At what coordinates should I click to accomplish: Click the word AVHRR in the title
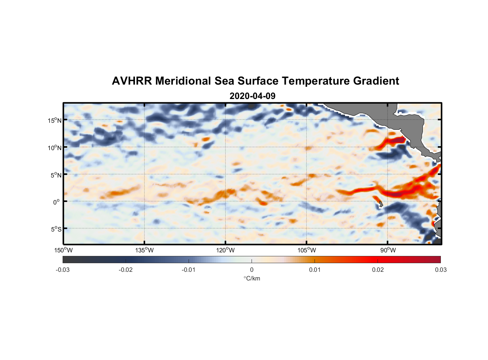pyautogui.click(x=132, y=81)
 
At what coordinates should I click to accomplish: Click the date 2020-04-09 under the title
pyautogui.click(x=252, y=96)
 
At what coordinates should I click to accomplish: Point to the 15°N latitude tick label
pyautogui.click(x=55, y=120)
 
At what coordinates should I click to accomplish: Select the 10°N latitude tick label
pyautogui.click(x=55, y=148)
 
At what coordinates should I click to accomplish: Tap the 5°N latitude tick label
pyautogui.click(x=56, y=175)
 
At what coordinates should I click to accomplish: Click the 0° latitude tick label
pyautogui.click(x=57, y=202)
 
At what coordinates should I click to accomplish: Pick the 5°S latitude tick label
pyautogui.click(x=56, y=229)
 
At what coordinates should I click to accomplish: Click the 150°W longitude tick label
pyautogui.click(x=63, y=250)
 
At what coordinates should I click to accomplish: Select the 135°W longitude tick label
pyautogui.click(x=145, y=250)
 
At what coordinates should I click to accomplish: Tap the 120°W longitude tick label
pyautogui.click(x=226, y=250)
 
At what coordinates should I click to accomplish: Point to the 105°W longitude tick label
pyautogui.click(x=307, y=250)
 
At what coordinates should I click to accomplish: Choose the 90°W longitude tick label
pyautogui.click(x=388, y=250)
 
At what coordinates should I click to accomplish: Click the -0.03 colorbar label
pyautogui.click(x=63, y=270)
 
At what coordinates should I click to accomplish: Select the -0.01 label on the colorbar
pyautogui.click(x=189, y=270)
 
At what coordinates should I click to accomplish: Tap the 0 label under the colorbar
pyautogui.click(x=252, y=270)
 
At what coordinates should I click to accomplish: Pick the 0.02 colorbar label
pyautogui.click(x=378, y=270)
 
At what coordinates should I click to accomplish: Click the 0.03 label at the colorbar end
pyautogui.click(x=440, y=270)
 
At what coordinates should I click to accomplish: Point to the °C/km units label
pyautogui.click(x=252, y=278)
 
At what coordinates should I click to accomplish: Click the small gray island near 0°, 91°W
pyautogui.click(x=381, y=204)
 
